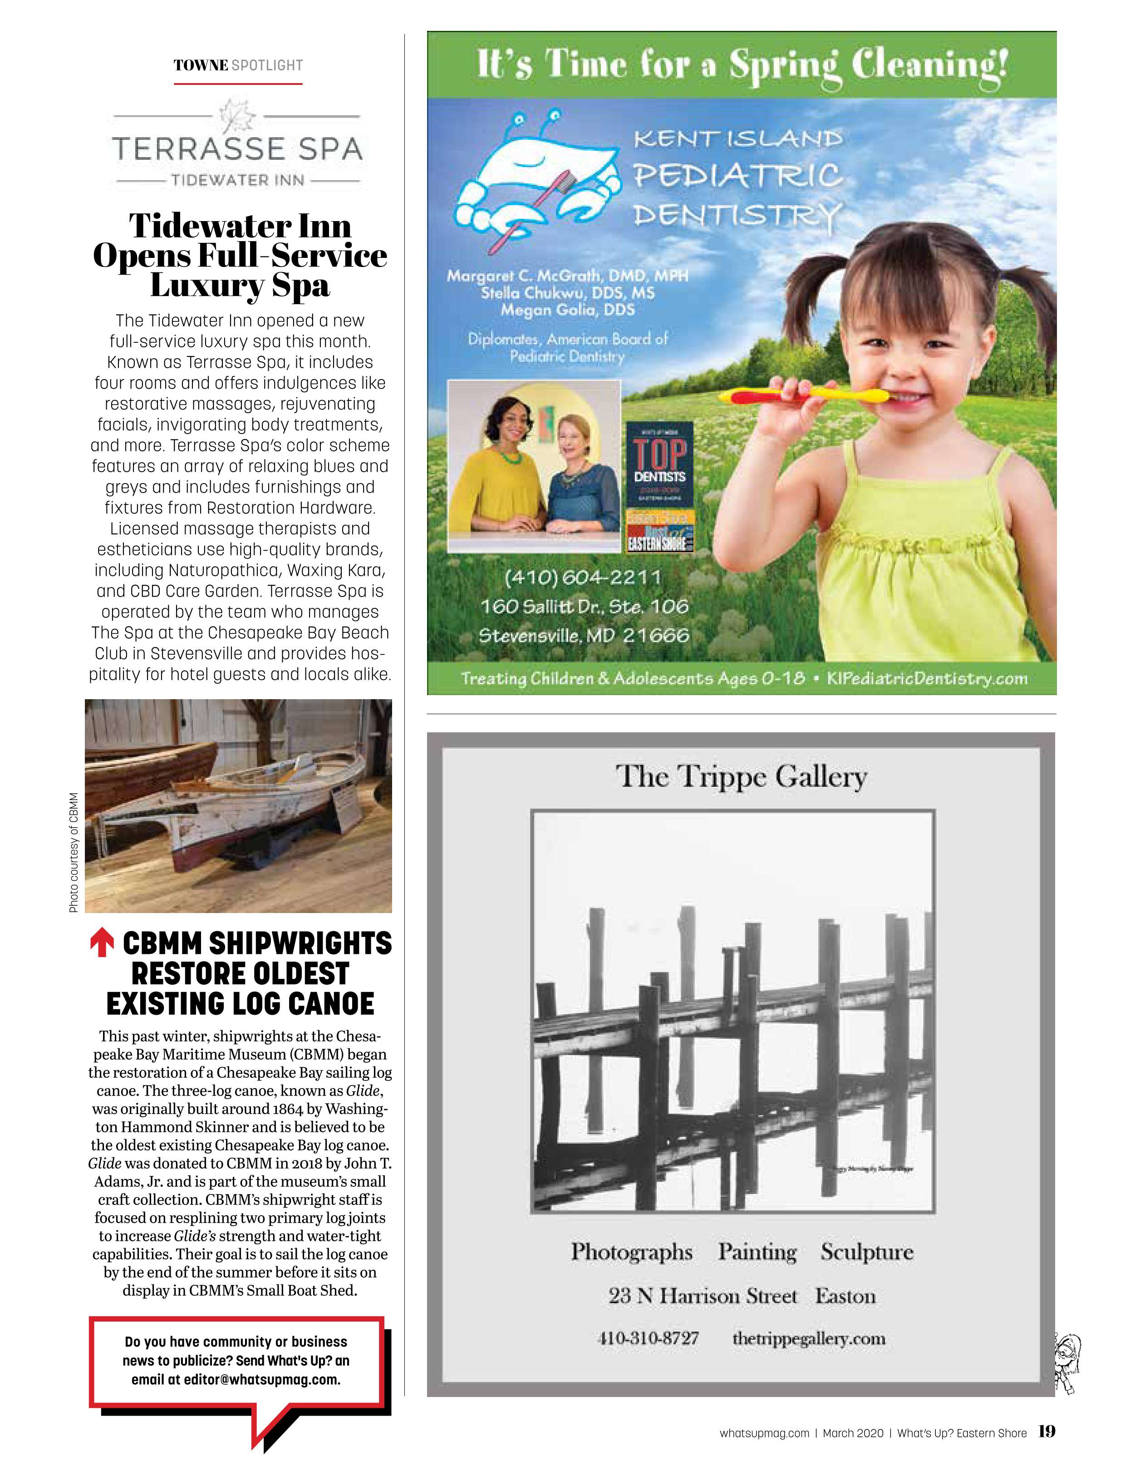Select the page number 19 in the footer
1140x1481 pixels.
(1047, 1432)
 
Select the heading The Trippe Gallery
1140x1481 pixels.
(741, 776)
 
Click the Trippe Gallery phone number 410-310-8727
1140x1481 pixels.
(648, 1338)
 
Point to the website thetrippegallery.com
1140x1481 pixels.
(809, 1338)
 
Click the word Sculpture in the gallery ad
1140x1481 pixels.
(866, 1252)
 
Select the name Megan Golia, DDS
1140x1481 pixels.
(568, 311)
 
